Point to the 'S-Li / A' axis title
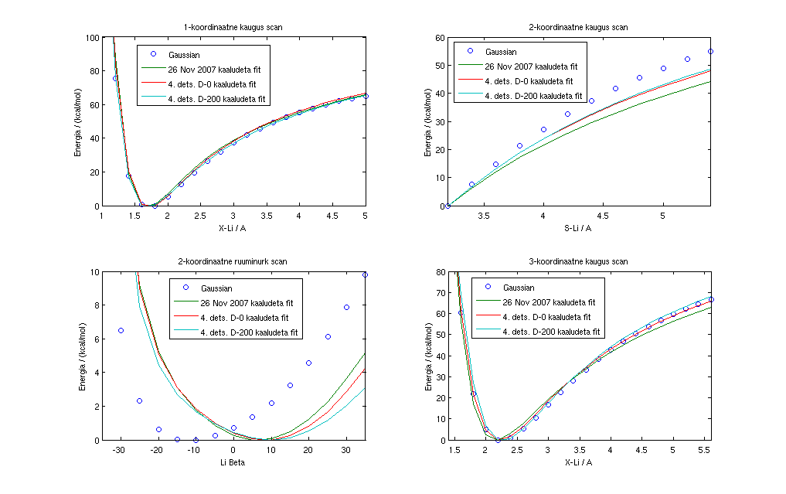pyautogui.click(x=579, y=227)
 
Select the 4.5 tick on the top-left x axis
pyautogui.click(x=332, y=216)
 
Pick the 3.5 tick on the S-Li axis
pyautogui.click(x=483, y=216)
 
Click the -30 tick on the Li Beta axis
pyautogui.click(x=120, y=451)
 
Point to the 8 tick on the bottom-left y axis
pyautogui.click(x=96, y=305)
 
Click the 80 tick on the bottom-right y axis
pyautogui.click(x=441, y=272)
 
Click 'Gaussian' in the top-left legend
pyautogui.click(x=185, y=55)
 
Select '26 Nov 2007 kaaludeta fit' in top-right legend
pyautogui.click(x=528, y=66)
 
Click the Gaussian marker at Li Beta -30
pyautogui.click(x=121, y=330)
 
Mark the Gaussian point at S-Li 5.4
pyautogui.click(x=710, y=51)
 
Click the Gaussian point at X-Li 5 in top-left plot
pyautogui.click(x=366, y=97)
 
